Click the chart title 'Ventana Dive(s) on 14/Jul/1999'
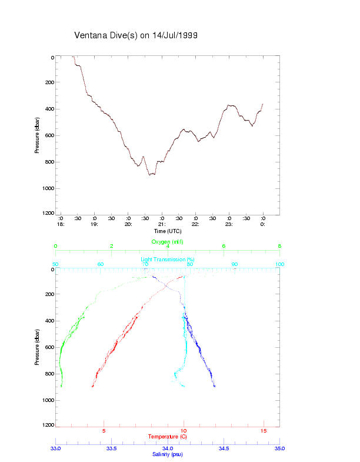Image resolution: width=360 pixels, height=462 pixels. coord(135,35)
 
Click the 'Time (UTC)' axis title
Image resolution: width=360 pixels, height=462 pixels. coord(168,231)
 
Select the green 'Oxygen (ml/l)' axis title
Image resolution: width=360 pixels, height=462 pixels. coord(168,241)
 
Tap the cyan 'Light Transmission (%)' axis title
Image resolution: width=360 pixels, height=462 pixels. coord(168,259)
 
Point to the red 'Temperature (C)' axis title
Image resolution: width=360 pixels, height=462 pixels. coord(168,436)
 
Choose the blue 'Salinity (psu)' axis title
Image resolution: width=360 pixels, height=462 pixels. coord(168,454)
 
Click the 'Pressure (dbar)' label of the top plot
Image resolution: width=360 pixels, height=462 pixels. coord(37,135)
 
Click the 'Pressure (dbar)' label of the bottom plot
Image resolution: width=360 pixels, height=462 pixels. coord(37,347)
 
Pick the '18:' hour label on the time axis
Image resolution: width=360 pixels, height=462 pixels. coord(60,224)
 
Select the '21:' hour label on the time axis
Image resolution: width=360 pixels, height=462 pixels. coord(161,224)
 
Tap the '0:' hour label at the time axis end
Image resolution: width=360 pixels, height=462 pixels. coord(263,224)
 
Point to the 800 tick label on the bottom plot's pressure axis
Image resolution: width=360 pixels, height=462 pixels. coord(49,374)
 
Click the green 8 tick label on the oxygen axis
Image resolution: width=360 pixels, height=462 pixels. coord(279,246)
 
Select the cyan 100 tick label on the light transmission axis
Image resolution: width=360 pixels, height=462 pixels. coord(279,264)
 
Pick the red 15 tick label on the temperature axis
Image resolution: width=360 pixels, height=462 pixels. coord(264,431)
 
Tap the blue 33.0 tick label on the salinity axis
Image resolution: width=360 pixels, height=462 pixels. coord(56,448)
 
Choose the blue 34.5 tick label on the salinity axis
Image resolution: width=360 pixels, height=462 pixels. coord(224,448)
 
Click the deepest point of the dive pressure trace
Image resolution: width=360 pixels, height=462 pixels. coord(151,175)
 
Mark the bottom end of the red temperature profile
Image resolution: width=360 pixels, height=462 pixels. coord(92,387)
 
